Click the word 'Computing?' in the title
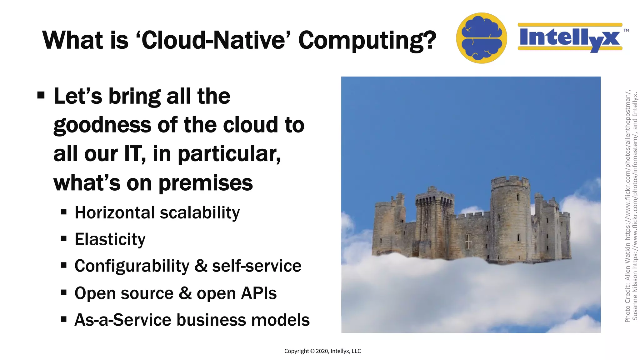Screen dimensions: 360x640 (x=367, y=41)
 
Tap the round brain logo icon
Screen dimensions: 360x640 (x=481, y=38)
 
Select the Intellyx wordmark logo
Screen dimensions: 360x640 (x=570, y=38)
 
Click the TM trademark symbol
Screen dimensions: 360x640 (x=626, y=31)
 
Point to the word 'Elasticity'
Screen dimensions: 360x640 (x=110, y=240)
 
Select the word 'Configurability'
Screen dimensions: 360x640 (x=132, y=266)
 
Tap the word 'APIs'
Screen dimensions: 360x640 (x=259, y=293)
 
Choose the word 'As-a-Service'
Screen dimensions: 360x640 (x=123, y=320)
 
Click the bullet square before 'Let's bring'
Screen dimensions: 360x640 (x=41, y=95)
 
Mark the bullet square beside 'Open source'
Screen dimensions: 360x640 (x=64, y=293)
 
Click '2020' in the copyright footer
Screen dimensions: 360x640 (x=322, y=351)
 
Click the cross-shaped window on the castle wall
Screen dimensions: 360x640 (x=468, y=241)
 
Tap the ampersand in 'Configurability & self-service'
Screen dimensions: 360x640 (x=201, y=266)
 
